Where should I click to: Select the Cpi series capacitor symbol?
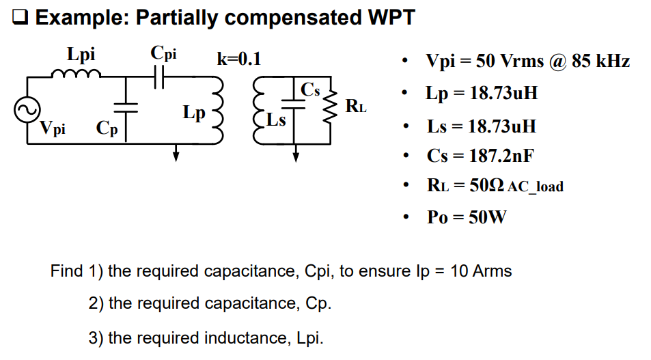point(160,77)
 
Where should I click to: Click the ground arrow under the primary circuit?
point(176,154)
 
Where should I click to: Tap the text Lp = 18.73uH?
point(482,93)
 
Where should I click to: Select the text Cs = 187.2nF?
point(480,155)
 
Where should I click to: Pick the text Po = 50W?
point(467,217)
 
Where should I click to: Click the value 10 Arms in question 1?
point(481,271)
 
